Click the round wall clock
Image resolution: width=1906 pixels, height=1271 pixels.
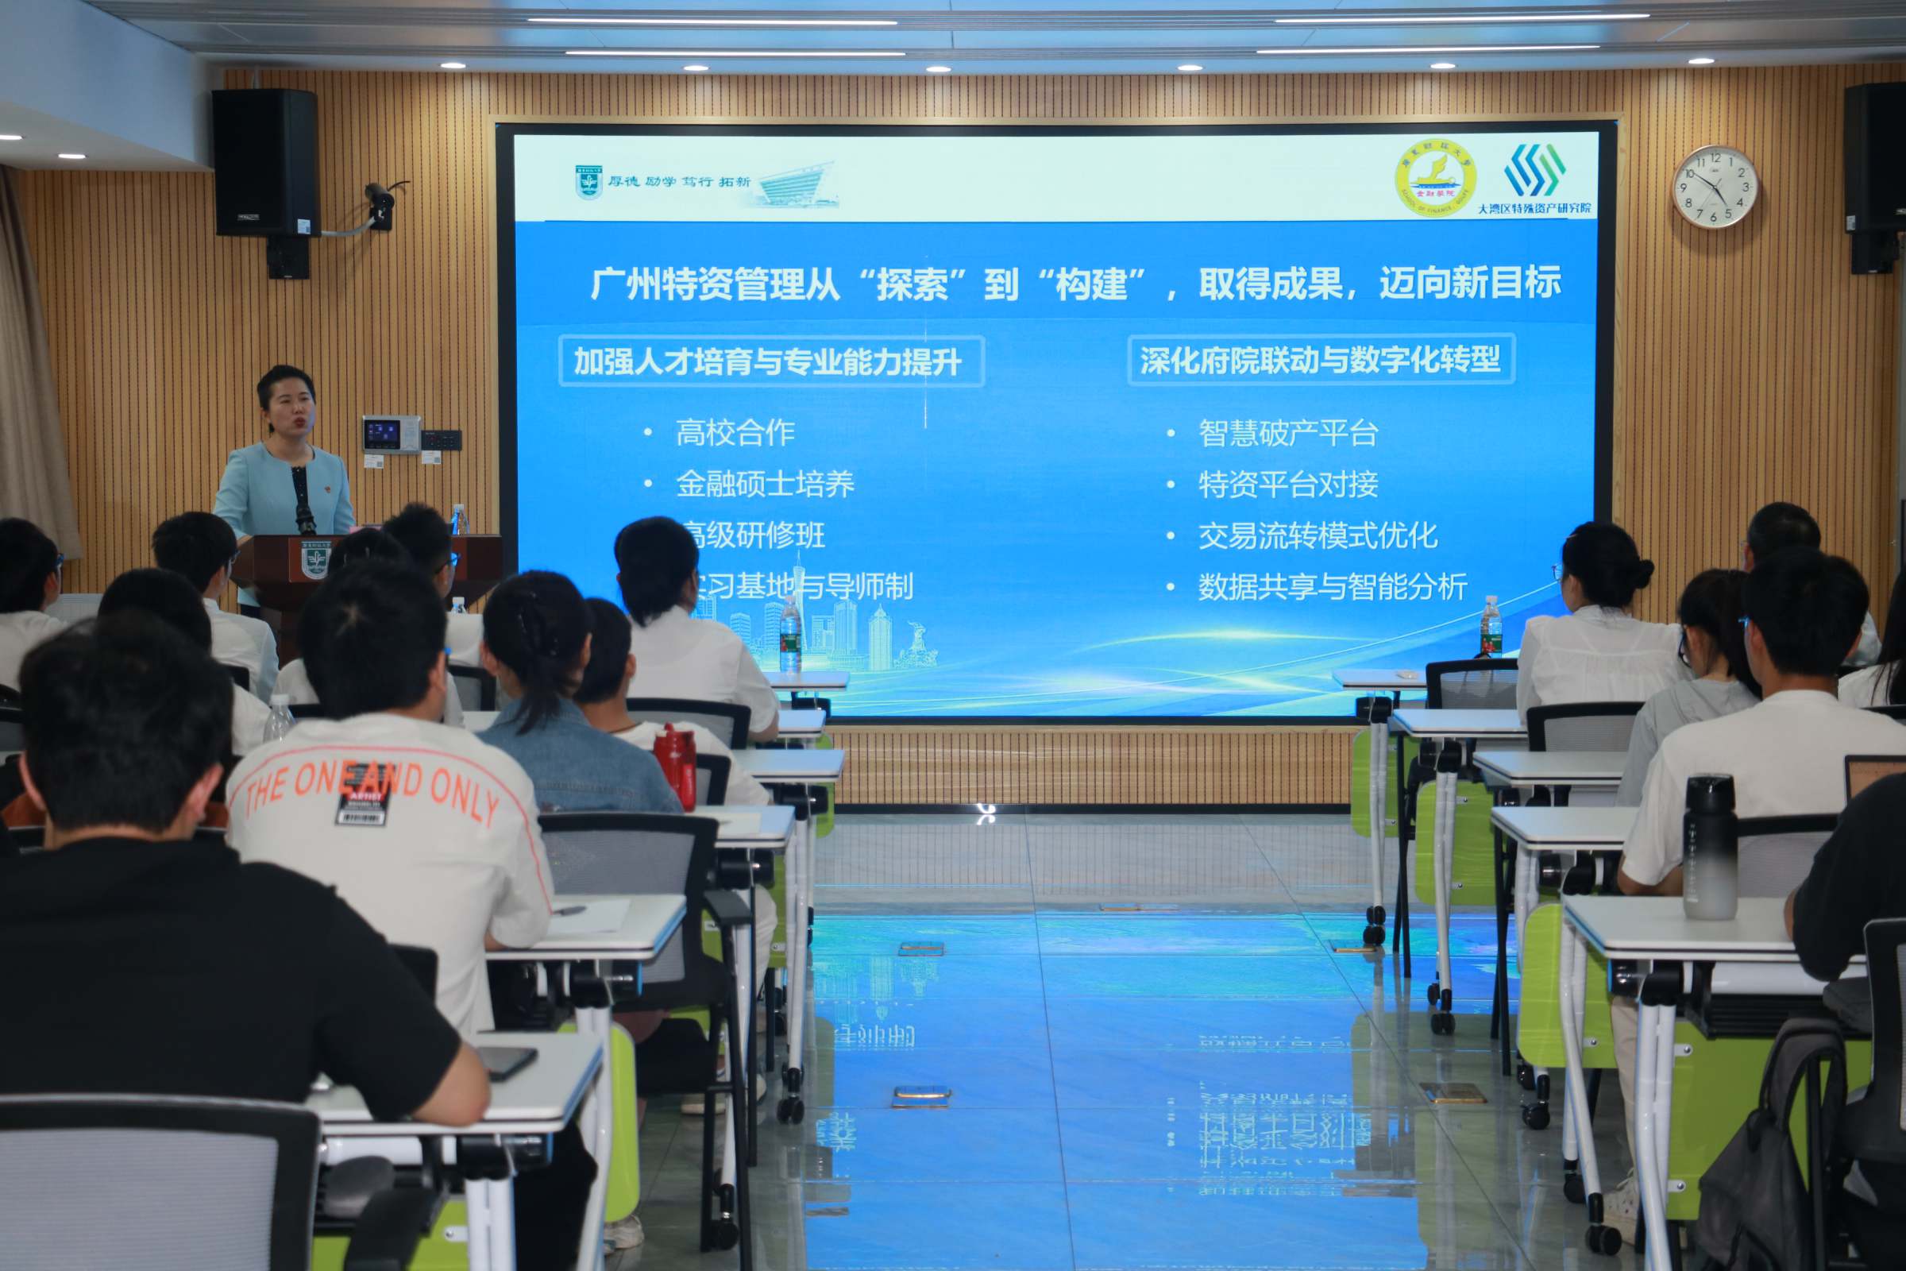pos(1715,187)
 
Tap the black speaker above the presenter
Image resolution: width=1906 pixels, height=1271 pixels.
pos(265,162)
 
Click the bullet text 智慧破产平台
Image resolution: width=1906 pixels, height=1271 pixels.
pos(1287,433)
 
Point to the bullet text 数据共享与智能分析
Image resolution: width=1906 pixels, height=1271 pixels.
pos(1333,587)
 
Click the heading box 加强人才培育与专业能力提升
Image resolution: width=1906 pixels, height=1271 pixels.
pos(770,361)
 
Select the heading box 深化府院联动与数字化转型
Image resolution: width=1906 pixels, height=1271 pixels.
pos(1321,360)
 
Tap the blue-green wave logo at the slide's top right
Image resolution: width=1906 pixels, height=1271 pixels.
pos(1534,170)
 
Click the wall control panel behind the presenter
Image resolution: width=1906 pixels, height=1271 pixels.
pos(391,435)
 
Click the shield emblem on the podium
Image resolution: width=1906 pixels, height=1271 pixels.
pos(314,559)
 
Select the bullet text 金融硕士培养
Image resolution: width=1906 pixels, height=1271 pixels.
pos(764,485)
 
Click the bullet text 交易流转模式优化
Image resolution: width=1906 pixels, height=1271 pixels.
pos(1318,535)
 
